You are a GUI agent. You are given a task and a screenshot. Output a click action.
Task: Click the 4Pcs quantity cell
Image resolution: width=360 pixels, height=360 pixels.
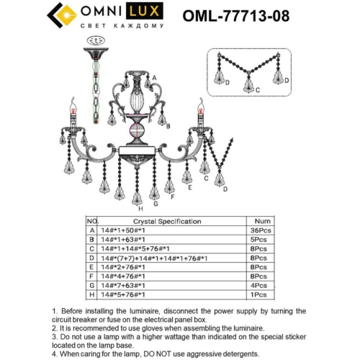pyautogui.click(x=263, y=286)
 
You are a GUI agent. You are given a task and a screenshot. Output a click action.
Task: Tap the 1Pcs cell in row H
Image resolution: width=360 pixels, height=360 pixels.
pyautogui.click(x=263, y=295)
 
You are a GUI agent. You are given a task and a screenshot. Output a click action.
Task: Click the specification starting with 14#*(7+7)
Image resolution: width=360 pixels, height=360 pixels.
pyautogui.click(x=155, y=258)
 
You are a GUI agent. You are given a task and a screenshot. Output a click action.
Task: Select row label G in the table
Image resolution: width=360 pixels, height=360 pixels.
pyautogui.click(x=92, y=286)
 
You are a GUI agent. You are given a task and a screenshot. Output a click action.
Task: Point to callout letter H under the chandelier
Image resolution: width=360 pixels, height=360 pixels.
pyautogui.click(x=130, y=209)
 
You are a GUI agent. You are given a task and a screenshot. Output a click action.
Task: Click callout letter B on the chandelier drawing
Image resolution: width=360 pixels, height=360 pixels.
pyautogui.click(x=168, y=127)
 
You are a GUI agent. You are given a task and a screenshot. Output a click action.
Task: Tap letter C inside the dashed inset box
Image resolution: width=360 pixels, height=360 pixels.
pyautogui.click(x=257, y=91)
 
